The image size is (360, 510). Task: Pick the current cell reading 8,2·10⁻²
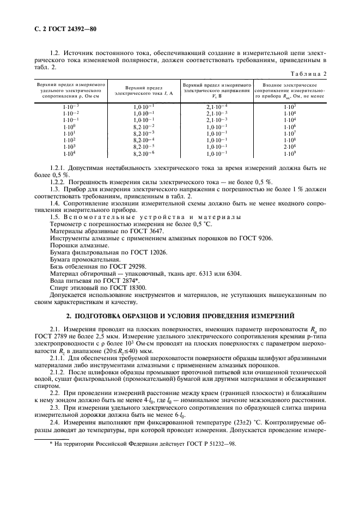144,126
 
